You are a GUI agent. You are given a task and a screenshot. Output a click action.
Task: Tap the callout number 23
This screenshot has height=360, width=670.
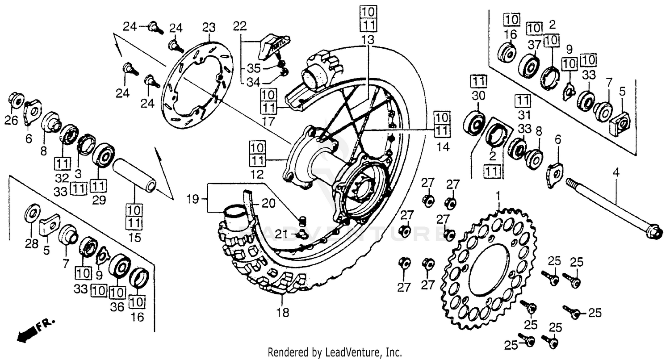209,28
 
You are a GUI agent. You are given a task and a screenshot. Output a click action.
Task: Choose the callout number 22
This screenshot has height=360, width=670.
240,26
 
